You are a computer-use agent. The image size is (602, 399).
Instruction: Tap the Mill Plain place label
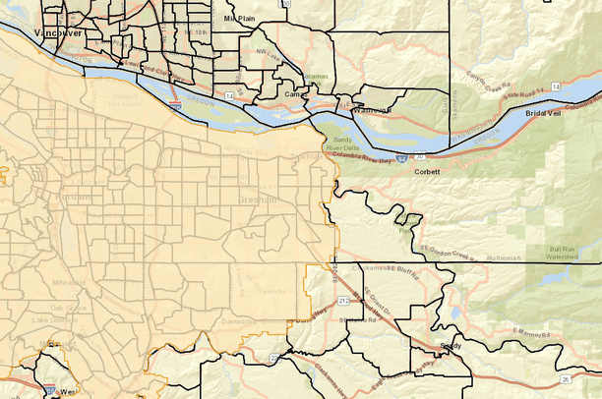239,18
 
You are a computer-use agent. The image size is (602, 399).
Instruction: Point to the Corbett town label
426,172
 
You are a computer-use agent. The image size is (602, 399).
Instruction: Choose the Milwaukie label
70,282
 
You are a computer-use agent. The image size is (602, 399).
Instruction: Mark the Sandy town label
451,346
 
